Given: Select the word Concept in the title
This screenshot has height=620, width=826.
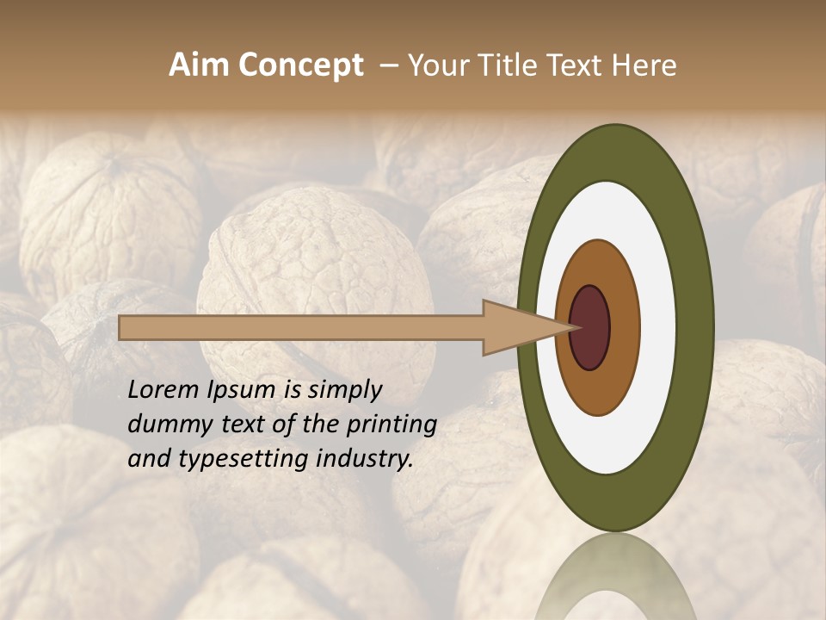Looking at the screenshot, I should pyautogui.click(x=300, y=65).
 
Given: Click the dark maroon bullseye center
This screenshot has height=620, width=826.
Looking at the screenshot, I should pyautogui.click(x=590, y=327).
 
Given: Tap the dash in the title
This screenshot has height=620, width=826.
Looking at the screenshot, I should pyautogui.click(x=388, y=65).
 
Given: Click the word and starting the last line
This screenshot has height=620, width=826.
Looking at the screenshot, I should pyautogui.click(x=147, y=459).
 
